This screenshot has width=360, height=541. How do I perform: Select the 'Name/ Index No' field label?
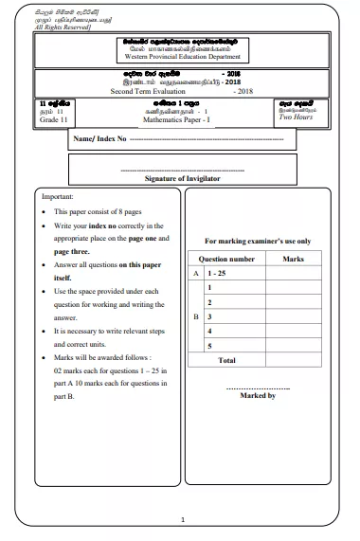(x=99, y=138)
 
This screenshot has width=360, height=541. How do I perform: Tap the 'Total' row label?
(x=227, y=360)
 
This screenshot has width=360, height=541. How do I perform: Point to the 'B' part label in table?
(x=196, y=316)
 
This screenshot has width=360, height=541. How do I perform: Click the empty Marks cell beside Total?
(x=293, y=360)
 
